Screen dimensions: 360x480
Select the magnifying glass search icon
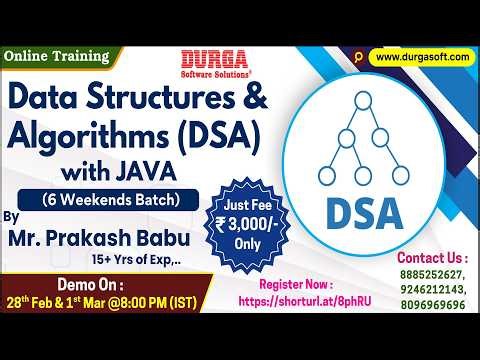358,57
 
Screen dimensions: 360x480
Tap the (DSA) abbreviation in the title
215,133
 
